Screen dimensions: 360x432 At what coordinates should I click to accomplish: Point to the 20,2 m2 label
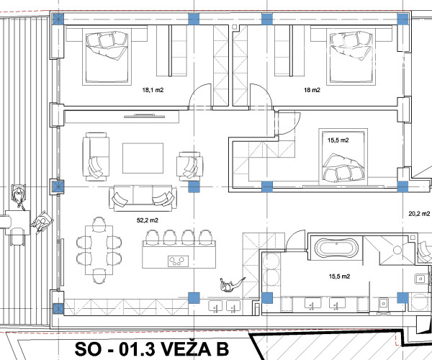(419, 213)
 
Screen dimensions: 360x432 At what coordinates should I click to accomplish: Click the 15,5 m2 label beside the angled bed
(338, 140)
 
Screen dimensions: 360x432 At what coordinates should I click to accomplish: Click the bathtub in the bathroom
(336, 249)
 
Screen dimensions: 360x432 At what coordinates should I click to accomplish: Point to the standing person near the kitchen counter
(230, 285)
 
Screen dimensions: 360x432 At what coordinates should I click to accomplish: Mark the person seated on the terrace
(42, 221)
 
